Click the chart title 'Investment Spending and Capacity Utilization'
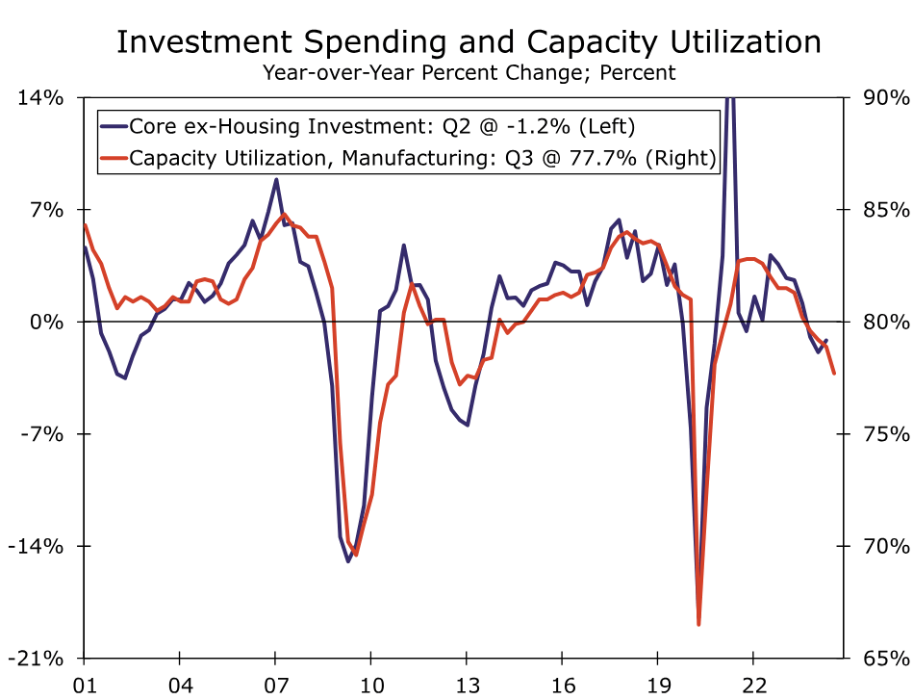pyautogui.click(x=469, y=42)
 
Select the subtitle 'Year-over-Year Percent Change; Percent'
pyautogui.click(x=469, y=72)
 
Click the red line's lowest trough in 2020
pyautogui.click(x=698, y=624)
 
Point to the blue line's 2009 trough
pyautogui.click(x=348, y=561)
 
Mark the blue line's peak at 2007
pyautogui.click(x=276, y=179)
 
